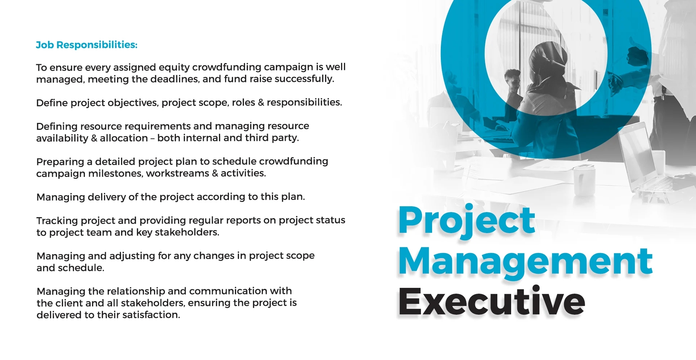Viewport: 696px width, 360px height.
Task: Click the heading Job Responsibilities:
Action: point(87,45)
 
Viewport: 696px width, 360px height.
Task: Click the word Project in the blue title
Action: point(467,221)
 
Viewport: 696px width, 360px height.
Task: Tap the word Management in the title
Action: point(526,262)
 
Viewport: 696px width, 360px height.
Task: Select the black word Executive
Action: point(492,301)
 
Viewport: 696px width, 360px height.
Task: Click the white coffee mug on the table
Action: point(583,181)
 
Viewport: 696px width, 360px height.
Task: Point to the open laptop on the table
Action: point(642,160)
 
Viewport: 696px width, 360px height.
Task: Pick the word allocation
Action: point(124,138)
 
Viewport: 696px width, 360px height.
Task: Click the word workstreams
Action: point(178,174)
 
